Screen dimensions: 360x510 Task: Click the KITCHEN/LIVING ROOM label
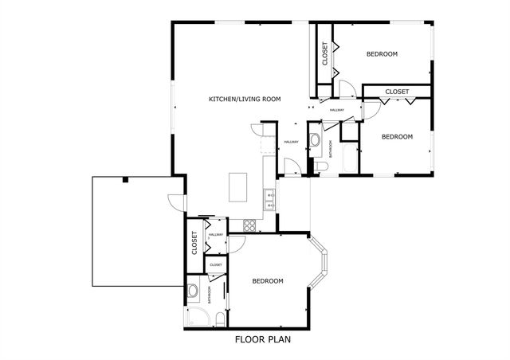tap(245, 99)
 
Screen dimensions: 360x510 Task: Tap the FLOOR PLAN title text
tap(262, 339)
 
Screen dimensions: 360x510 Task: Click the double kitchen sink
tap(269, 199)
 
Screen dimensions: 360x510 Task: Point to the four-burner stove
tap(249, 225)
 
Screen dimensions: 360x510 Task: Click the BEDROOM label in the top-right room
tap(382, 54)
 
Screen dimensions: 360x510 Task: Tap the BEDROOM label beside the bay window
tap(268, 281)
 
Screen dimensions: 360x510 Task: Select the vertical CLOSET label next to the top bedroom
tap(324, 54)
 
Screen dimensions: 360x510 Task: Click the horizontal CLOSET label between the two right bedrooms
tap(396, 92)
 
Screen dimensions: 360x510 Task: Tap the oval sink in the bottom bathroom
tap(193, 292)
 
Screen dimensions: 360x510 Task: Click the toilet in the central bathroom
tap(318, 165)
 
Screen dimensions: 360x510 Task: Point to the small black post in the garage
tap(125, 181)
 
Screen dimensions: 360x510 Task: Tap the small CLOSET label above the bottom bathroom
tap(216, 264)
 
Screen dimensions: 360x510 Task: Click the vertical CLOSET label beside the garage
tap(194, 243)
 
